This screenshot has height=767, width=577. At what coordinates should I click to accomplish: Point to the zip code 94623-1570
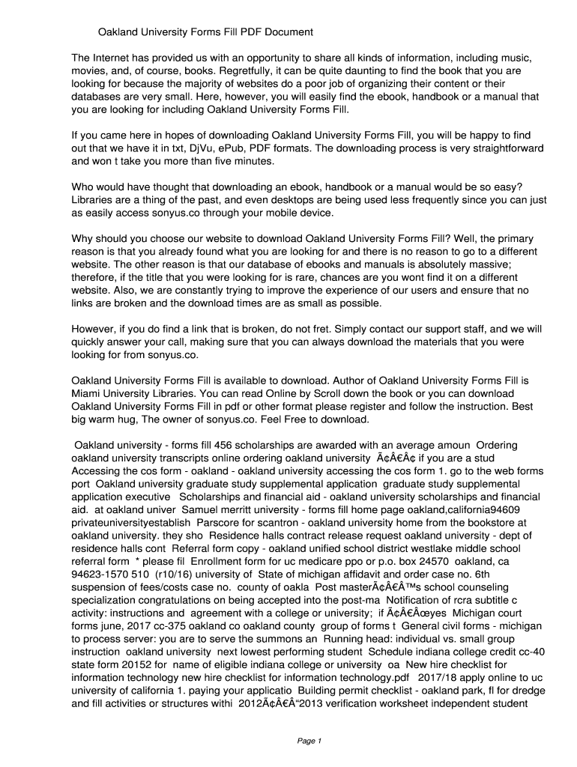[x=101, y=574]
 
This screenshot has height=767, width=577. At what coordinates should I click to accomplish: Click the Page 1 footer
[x=309, y=742]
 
